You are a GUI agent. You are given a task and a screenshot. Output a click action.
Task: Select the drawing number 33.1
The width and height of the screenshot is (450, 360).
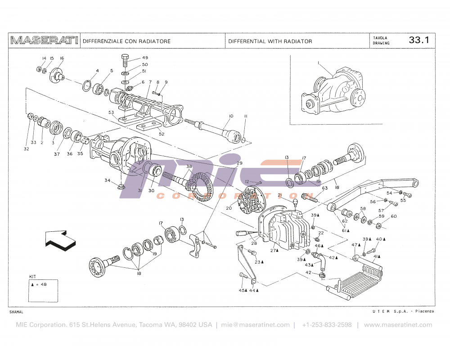pyautogui.click(x=418, y=40)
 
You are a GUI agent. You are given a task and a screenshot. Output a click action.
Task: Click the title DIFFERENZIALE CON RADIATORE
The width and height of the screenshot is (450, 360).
pyautogui.click(x=126, y=41)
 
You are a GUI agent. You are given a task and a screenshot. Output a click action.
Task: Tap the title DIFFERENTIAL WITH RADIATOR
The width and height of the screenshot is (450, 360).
pyautogui.click(x=270, y=41)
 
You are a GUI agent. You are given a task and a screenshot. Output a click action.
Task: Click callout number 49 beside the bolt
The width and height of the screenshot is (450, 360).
pyautogui.click(x=145, y=58)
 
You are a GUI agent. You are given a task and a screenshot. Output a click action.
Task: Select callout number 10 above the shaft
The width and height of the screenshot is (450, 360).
pyautogui.click(x=231, y=116)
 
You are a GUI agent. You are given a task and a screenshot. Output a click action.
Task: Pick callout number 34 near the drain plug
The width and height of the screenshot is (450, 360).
pyautogui.click(x=107, y=180)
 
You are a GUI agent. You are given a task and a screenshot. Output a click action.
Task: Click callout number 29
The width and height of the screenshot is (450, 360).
pyautogui.click(x=239, y=163)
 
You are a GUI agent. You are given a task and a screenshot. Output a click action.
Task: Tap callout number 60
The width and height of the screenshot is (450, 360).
pyautogui.click(x=393, y=216)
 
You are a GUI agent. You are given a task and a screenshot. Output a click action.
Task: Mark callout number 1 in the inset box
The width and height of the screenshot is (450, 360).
pyautogui.click(x=318, y=63)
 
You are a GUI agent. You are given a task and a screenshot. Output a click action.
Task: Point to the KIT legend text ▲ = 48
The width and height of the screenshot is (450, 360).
pyautogui.click(x=39, y=284)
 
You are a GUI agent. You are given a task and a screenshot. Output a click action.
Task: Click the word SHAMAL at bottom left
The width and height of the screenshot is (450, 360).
pyautogui.click(x=16, y=312)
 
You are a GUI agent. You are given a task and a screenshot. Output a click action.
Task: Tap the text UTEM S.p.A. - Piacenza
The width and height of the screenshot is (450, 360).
pyautogui.click(x=402, y=312)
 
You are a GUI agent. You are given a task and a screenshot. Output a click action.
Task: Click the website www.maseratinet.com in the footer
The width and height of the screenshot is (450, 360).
pyautogui.click(x=398, y=325)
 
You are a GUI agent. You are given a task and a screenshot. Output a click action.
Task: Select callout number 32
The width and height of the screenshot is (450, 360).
pyautogui.click(x=27, y=148)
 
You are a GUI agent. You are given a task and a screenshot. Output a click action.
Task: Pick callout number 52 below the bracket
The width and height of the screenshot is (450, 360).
pyautogui.click(x=162, y=134)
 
